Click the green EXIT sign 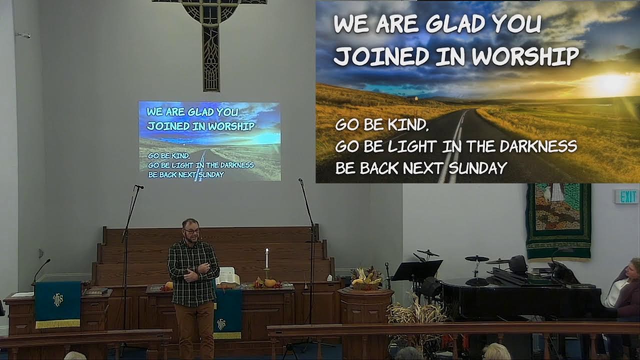pos(626,196)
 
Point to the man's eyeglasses pos(191,231)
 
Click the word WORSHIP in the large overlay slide pos(525,56)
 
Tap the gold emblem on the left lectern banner pos(58,299)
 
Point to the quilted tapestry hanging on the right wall pos(558,220)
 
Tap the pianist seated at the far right pos(625,292)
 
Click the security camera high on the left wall pos(23,35)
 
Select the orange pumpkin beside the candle pos(270,283)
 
